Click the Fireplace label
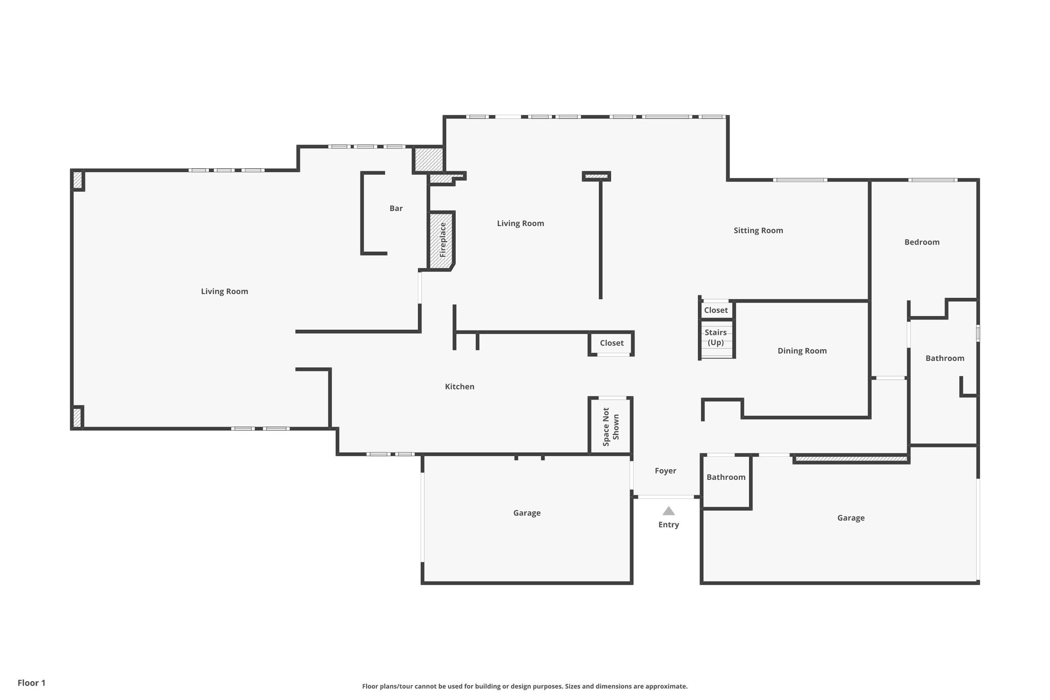pos(443,239)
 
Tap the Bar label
pos(396,208)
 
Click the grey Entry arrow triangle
pos(668,511)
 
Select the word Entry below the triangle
pos(669,525)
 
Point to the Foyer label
pos(665,471)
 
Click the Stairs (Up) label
pos(715,337)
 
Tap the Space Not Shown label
pos(611,427)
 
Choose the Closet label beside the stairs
pos(716,310)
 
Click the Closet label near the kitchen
pos(612,343)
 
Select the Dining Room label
pos(802,351)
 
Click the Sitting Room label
pos(758,230)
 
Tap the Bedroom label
pos(922,242)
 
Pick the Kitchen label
pos(459,387)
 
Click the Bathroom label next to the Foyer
pos(726,477)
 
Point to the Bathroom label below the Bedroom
pos(944,358)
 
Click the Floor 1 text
pos(31,683)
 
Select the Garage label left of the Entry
pos(527,513)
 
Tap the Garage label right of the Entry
pos(851,518)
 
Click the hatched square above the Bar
pos(428,159)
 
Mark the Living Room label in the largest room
pos(224,291)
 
